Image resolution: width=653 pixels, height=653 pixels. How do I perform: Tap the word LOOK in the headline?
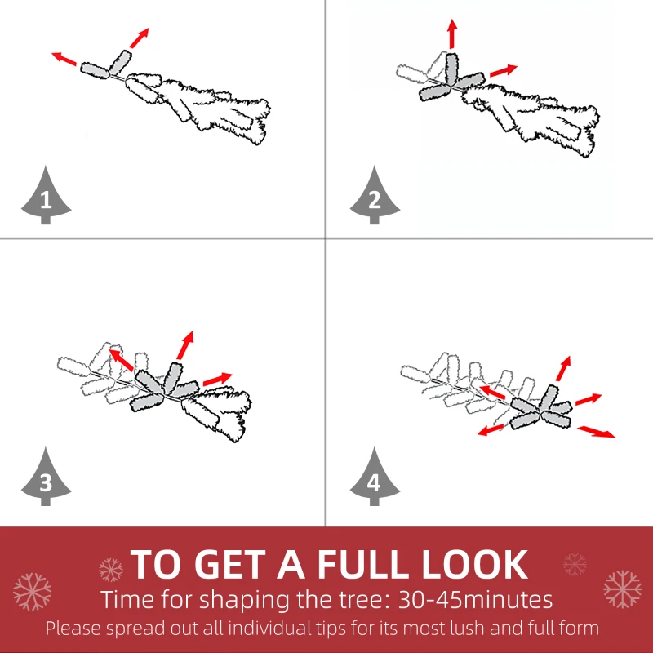[x=475, y=564]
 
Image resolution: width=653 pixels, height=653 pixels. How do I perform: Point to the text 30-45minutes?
[x=476, y=600]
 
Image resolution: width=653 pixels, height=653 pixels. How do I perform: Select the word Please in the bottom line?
[x=73, y=628]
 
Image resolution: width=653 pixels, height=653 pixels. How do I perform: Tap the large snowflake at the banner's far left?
[x=32, y=592]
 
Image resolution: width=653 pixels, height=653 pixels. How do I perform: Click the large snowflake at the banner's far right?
[x=622, y=589]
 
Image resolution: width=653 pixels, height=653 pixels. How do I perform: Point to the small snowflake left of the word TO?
[x=111, y=570]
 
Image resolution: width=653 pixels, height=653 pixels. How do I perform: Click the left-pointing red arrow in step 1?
[x=64, y=59]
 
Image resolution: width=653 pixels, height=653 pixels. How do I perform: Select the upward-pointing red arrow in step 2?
[x=452, y=34]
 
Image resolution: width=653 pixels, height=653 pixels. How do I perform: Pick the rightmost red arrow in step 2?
[x=504, y=71]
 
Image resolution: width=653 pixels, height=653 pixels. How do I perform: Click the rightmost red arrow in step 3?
[x=217, y=379]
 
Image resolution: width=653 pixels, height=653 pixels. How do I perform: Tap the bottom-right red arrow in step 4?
[x=596, y=432]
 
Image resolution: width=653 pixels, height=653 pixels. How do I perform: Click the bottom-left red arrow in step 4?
[x=491, y=430]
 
